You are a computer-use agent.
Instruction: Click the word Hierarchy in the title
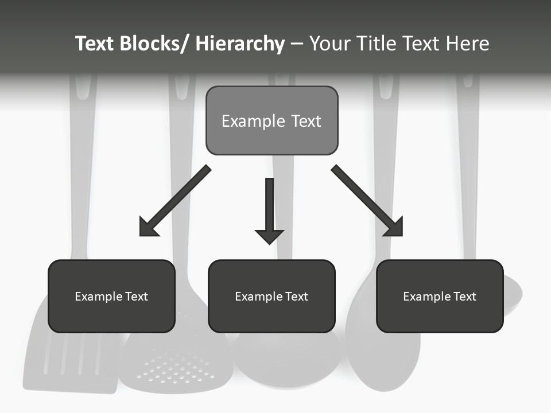240,44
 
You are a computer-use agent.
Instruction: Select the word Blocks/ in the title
154,44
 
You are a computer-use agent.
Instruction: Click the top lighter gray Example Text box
271,120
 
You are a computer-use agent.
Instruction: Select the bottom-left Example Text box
111,296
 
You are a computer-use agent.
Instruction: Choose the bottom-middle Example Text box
271,296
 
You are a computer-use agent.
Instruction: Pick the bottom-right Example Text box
440,296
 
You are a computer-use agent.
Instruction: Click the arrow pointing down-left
176,201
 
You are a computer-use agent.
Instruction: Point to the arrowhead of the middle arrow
269,236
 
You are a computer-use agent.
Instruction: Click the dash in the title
297,44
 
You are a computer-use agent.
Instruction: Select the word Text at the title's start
95,44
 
